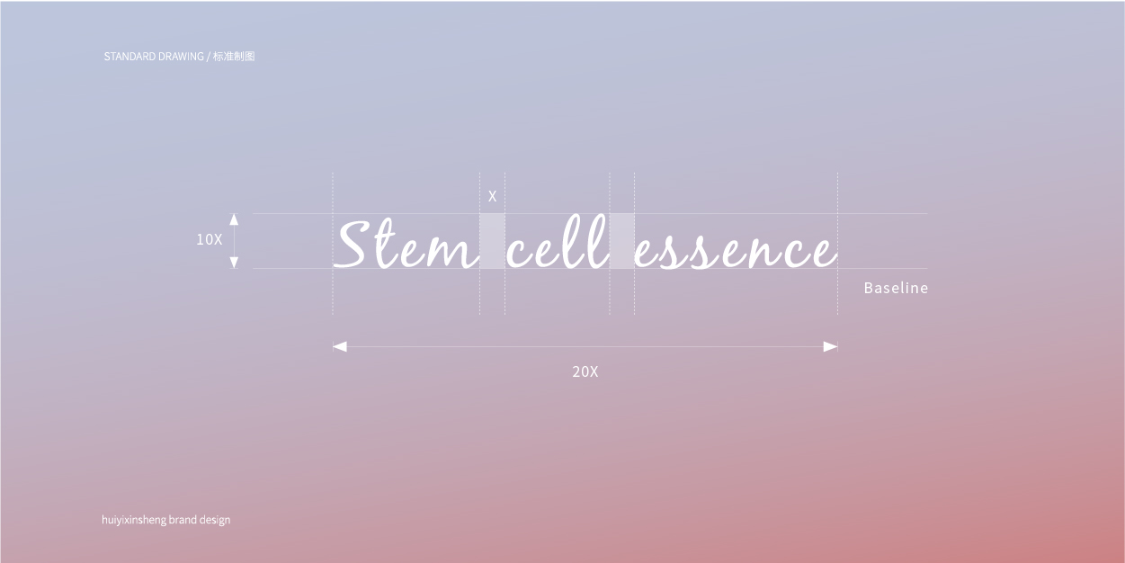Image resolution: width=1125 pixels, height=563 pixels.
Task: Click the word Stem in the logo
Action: click(x=406, y=245)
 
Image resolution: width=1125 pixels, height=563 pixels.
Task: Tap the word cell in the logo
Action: click(x=558, y=242)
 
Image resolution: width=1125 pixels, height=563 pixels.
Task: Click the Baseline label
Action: click(x=896, y=288)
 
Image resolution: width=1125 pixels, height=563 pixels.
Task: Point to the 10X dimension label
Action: click(x=209, y=239)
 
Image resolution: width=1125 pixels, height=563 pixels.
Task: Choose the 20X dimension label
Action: click(x=585, y=371)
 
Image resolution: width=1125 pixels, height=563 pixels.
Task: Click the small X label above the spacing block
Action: click(x=492, y=196)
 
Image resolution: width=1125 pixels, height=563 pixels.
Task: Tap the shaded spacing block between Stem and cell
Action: click(x=492, y=241)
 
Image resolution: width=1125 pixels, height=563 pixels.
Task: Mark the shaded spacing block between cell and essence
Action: click(x=622, y=241)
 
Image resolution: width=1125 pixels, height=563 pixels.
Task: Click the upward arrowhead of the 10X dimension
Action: click(x=234, y=219)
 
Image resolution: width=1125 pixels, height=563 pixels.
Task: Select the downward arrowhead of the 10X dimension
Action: click(x=234, y=263)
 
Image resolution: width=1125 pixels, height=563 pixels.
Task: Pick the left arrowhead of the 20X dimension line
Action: click(x=340, y=346)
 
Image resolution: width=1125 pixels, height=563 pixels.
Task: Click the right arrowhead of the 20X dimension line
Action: click(x=830, y=346)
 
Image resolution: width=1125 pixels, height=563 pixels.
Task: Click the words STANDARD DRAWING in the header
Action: click(x=154, y=57)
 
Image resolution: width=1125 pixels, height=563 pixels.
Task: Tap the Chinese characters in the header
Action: click(x=234, y=57)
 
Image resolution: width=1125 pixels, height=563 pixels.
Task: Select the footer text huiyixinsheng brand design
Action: click(x=165, y=520)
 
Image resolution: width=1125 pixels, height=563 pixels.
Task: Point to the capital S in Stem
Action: click(x=351, y=245)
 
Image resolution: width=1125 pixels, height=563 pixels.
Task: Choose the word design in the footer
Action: click(x=214, y=520)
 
